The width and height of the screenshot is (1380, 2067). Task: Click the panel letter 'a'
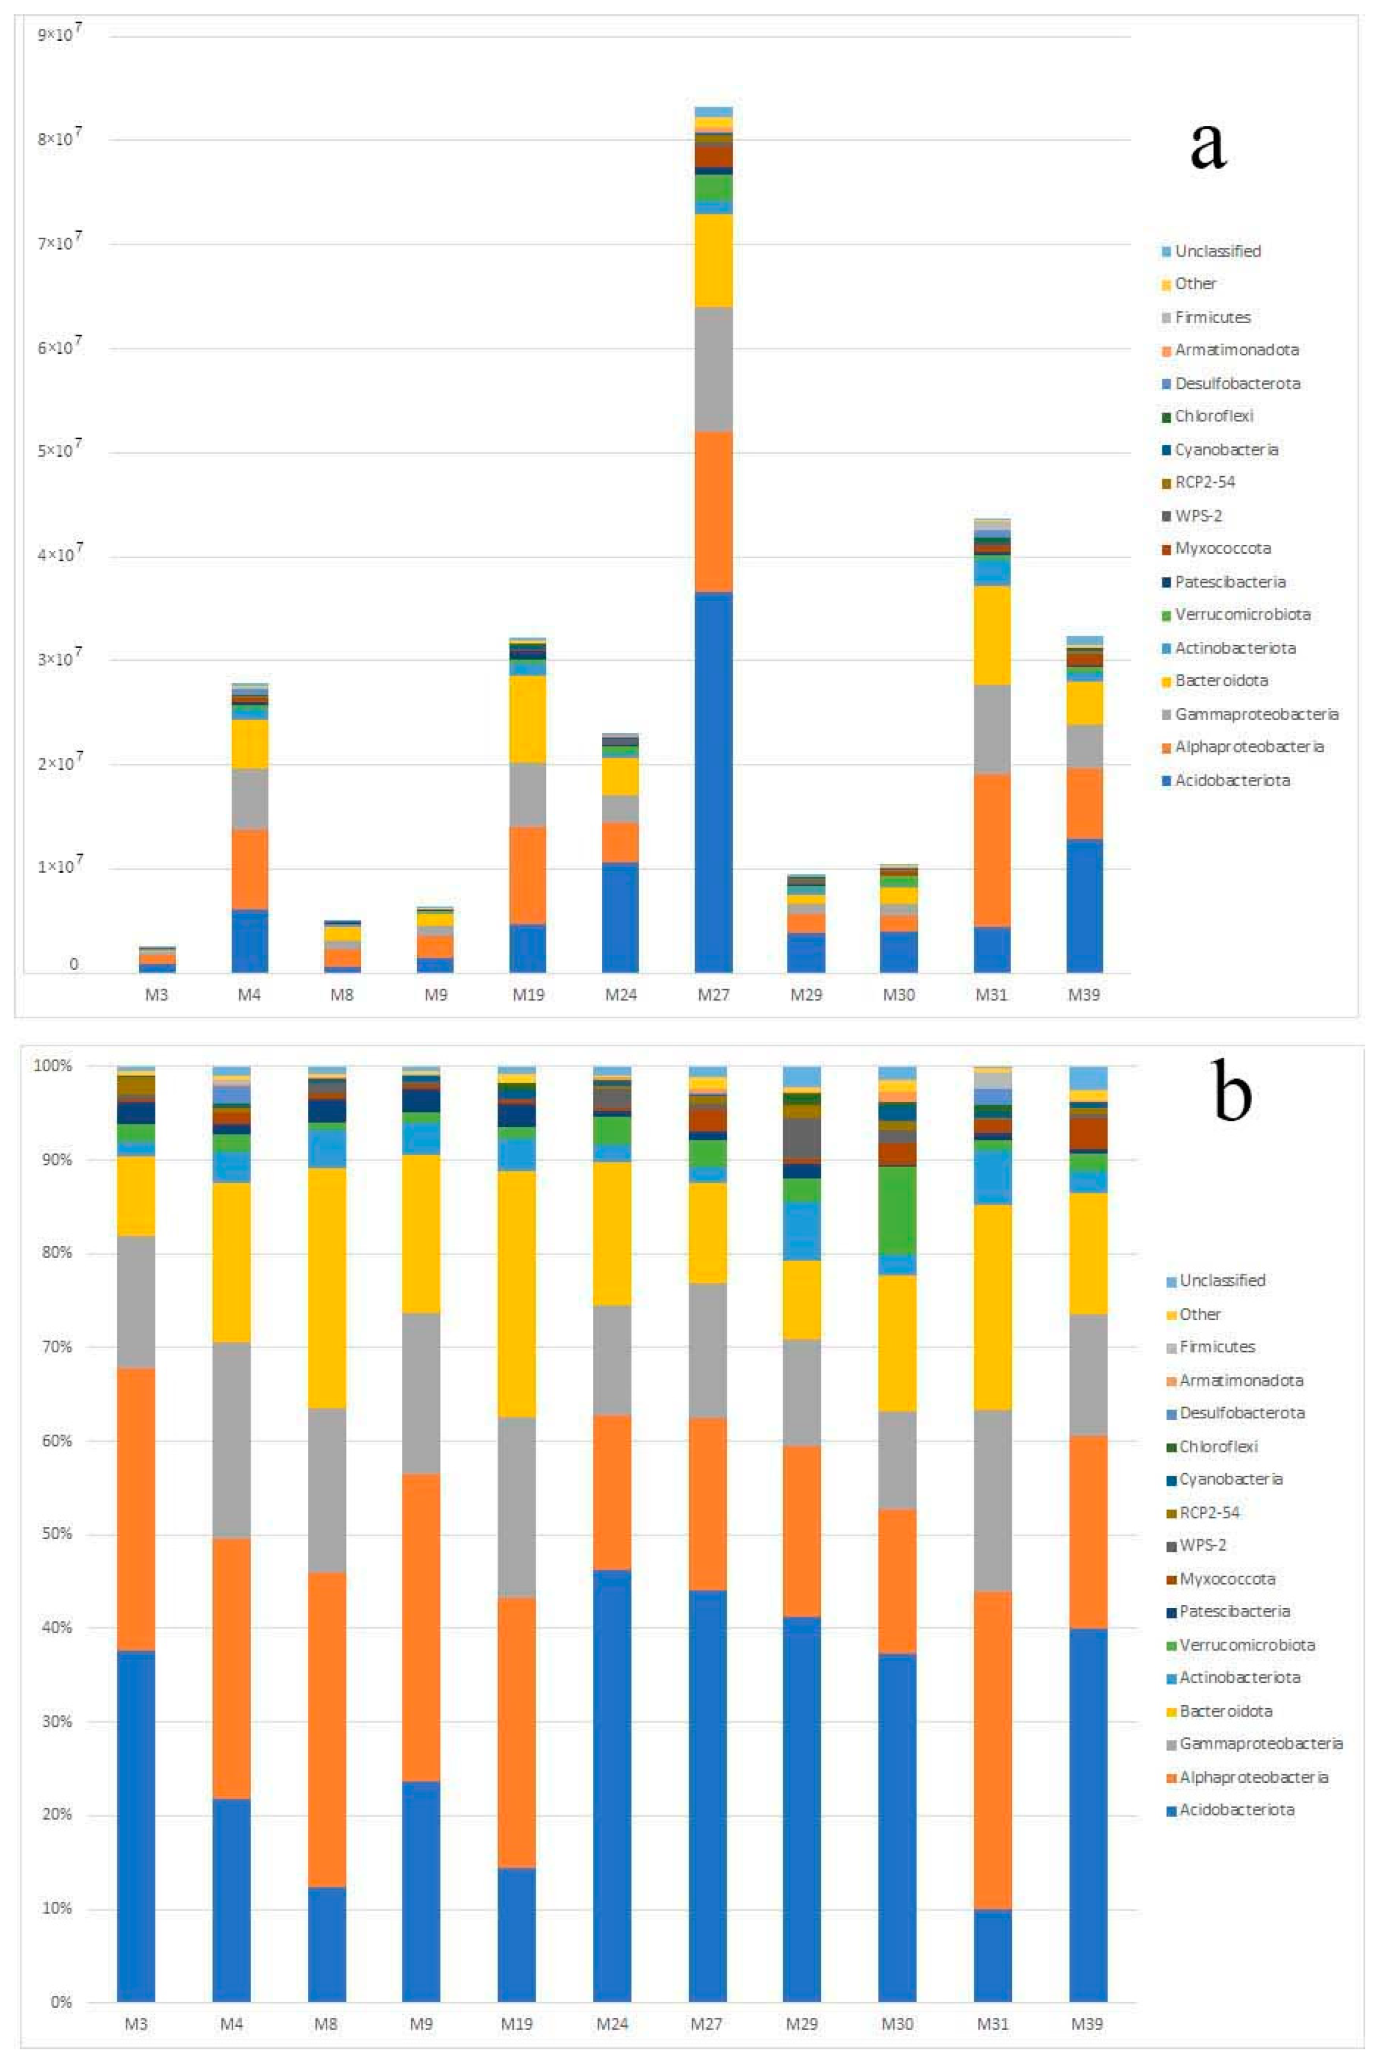pos(1207,147)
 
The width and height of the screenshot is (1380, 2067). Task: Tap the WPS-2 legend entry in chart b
pos(1202,1545)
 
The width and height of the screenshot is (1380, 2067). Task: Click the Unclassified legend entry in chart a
pos(1217,251)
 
